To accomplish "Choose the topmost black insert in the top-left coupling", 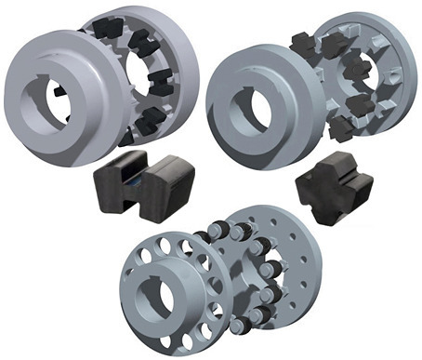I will click(139, 39).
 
